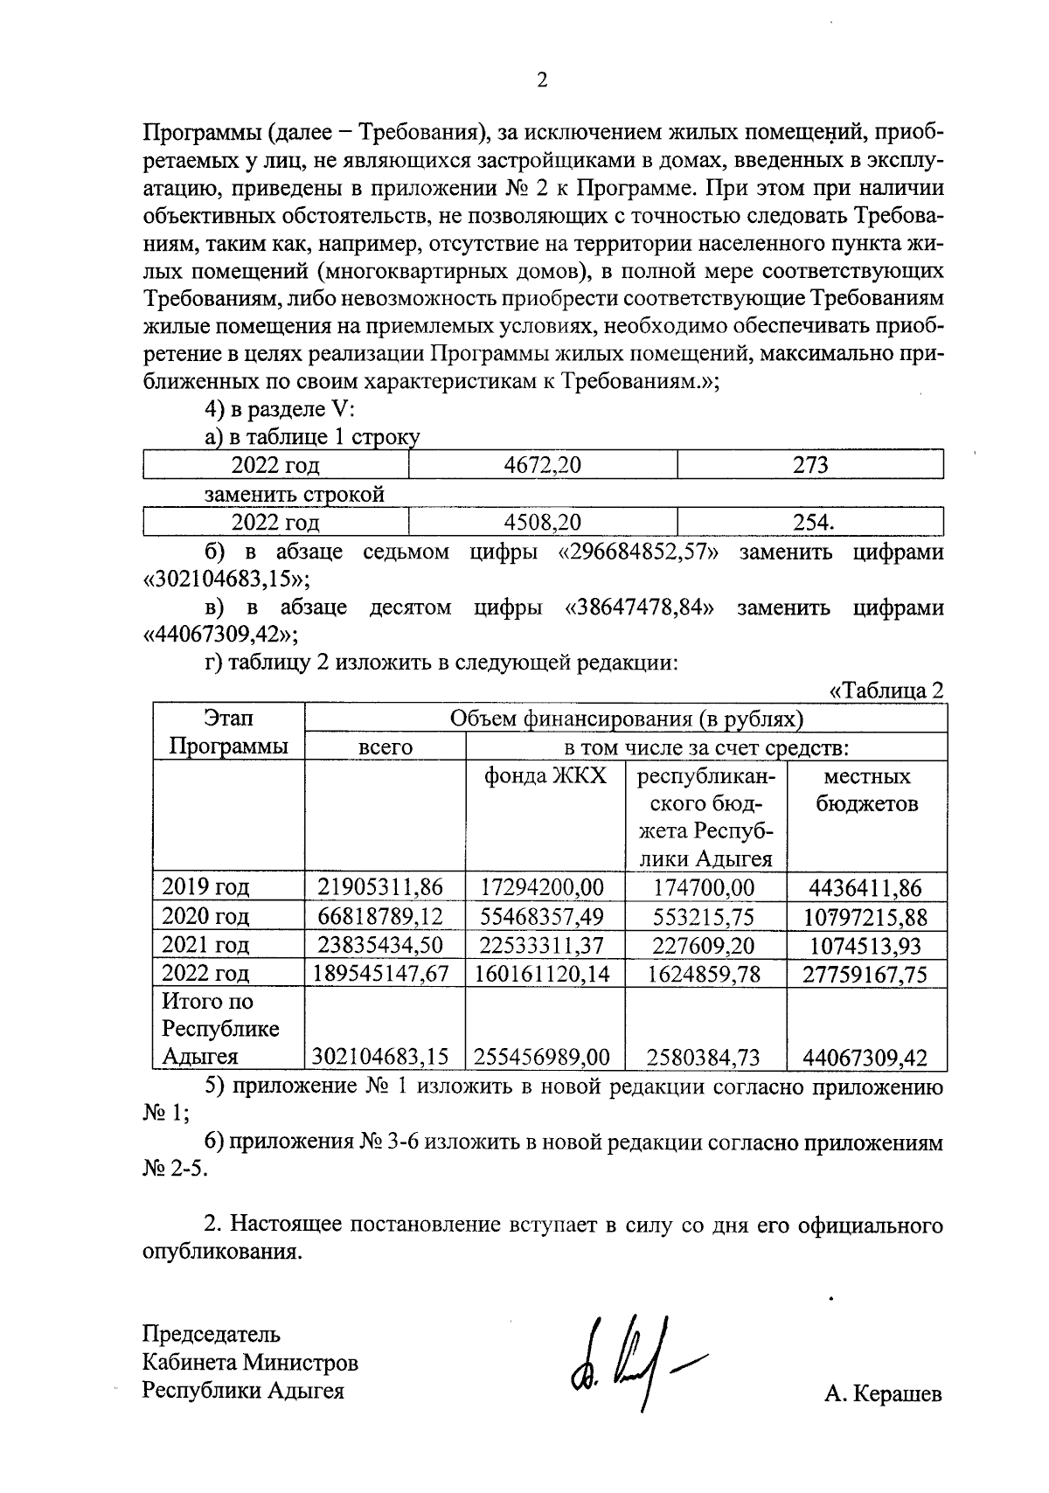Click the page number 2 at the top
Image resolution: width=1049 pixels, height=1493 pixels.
[x=541, y=80]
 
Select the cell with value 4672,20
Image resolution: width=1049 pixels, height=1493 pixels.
[x=542, y=465]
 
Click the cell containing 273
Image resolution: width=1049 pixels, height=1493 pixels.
[x=809, y=465]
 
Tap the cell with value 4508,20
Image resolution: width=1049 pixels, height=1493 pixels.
[x=542, y=523]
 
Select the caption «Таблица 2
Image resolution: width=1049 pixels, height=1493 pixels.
[x=886, y=690]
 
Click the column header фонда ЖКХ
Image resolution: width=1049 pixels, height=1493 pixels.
[x=545, y=776]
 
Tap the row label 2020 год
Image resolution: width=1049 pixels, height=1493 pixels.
[x=206, y=916]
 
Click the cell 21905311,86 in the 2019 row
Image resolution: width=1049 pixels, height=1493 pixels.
[x=380, y=887]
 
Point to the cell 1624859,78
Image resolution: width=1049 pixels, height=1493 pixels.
[x=705, y=974]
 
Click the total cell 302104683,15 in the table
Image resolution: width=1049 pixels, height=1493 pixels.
[x=380, y=1057]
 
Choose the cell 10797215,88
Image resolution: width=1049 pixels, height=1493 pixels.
[x=866, y=917]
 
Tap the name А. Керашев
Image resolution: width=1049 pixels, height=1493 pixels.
[x=882, y=1395]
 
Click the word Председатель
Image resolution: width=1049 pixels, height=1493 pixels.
[x=212, y=1334]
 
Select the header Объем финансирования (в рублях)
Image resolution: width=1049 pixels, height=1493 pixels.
[x=625, y=719]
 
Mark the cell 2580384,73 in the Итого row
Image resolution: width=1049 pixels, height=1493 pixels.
[x=704, y=1058]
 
